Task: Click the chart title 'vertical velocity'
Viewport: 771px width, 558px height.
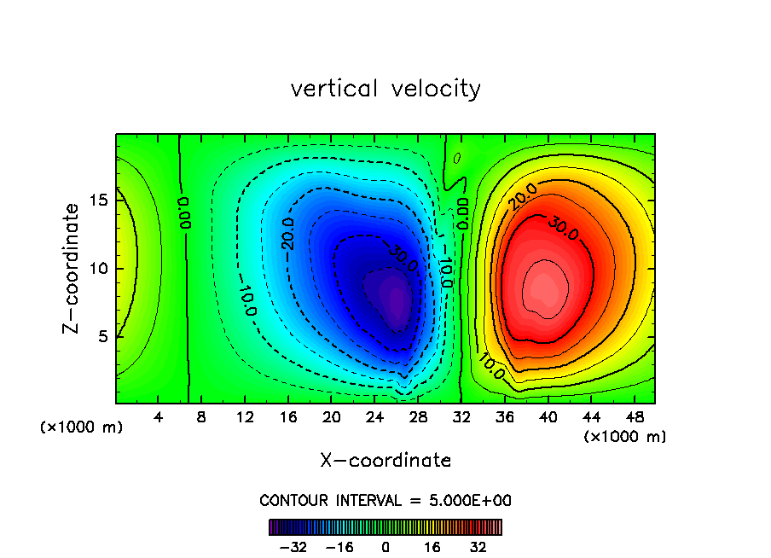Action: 385,89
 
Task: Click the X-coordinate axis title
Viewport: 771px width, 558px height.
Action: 385,461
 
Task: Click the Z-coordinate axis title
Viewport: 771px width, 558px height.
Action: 72,268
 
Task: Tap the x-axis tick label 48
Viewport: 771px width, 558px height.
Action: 634,417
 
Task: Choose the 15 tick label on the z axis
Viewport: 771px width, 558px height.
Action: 97,201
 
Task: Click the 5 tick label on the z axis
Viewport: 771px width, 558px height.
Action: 102,336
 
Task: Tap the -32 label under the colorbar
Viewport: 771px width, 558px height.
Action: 293,547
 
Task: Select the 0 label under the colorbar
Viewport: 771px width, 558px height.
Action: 385,547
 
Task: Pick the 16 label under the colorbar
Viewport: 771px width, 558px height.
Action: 432,547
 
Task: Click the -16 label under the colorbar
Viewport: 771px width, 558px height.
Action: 339,547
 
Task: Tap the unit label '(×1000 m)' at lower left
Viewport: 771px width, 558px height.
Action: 82,427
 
